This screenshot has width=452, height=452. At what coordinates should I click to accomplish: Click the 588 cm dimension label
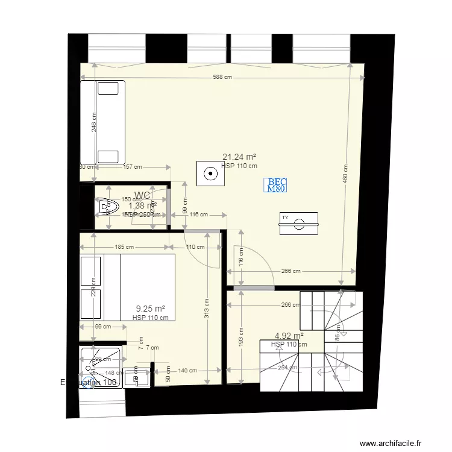coord(223,77)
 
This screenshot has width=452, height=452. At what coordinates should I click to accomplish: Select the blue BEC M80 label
coord(277,185)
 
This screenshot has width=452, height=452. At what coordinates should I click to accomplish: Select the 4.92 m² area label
coord(289,336)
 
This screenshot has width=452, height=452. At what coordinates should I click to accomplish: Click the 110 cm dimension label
coord(195,247)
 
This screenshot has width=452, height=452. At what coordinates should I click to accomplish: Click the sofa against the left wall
coord(108,122)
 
